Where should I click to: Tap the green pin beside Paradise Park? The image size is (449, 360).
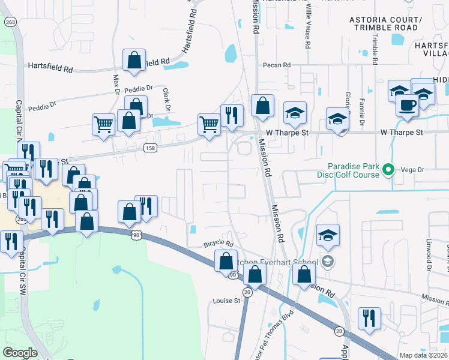coord(388,170)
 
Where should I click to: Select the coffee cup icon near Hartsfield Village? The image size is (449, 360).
coord(407,105)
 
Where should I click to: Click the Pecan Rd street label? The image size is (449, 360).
coord(276,65)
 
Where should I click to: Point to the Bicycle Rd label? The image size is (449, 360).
coord(218,244)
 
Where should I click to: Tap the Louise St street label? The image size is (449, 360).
coord(226,301)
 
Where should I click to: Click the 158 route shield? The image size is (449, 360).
coord(151,147)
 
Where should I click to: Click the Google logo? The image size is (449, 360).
coord(20,353)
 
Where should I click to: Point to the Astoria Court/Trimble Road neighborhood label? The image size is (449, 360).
coord(385,23)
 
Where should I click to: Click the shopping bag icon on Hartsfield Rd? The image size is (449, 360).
coord(134,61)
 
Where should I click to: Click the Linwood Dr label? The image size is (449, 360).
coord(429,252)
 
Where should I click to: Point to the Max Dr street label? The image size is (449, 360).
coord(116,84)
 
